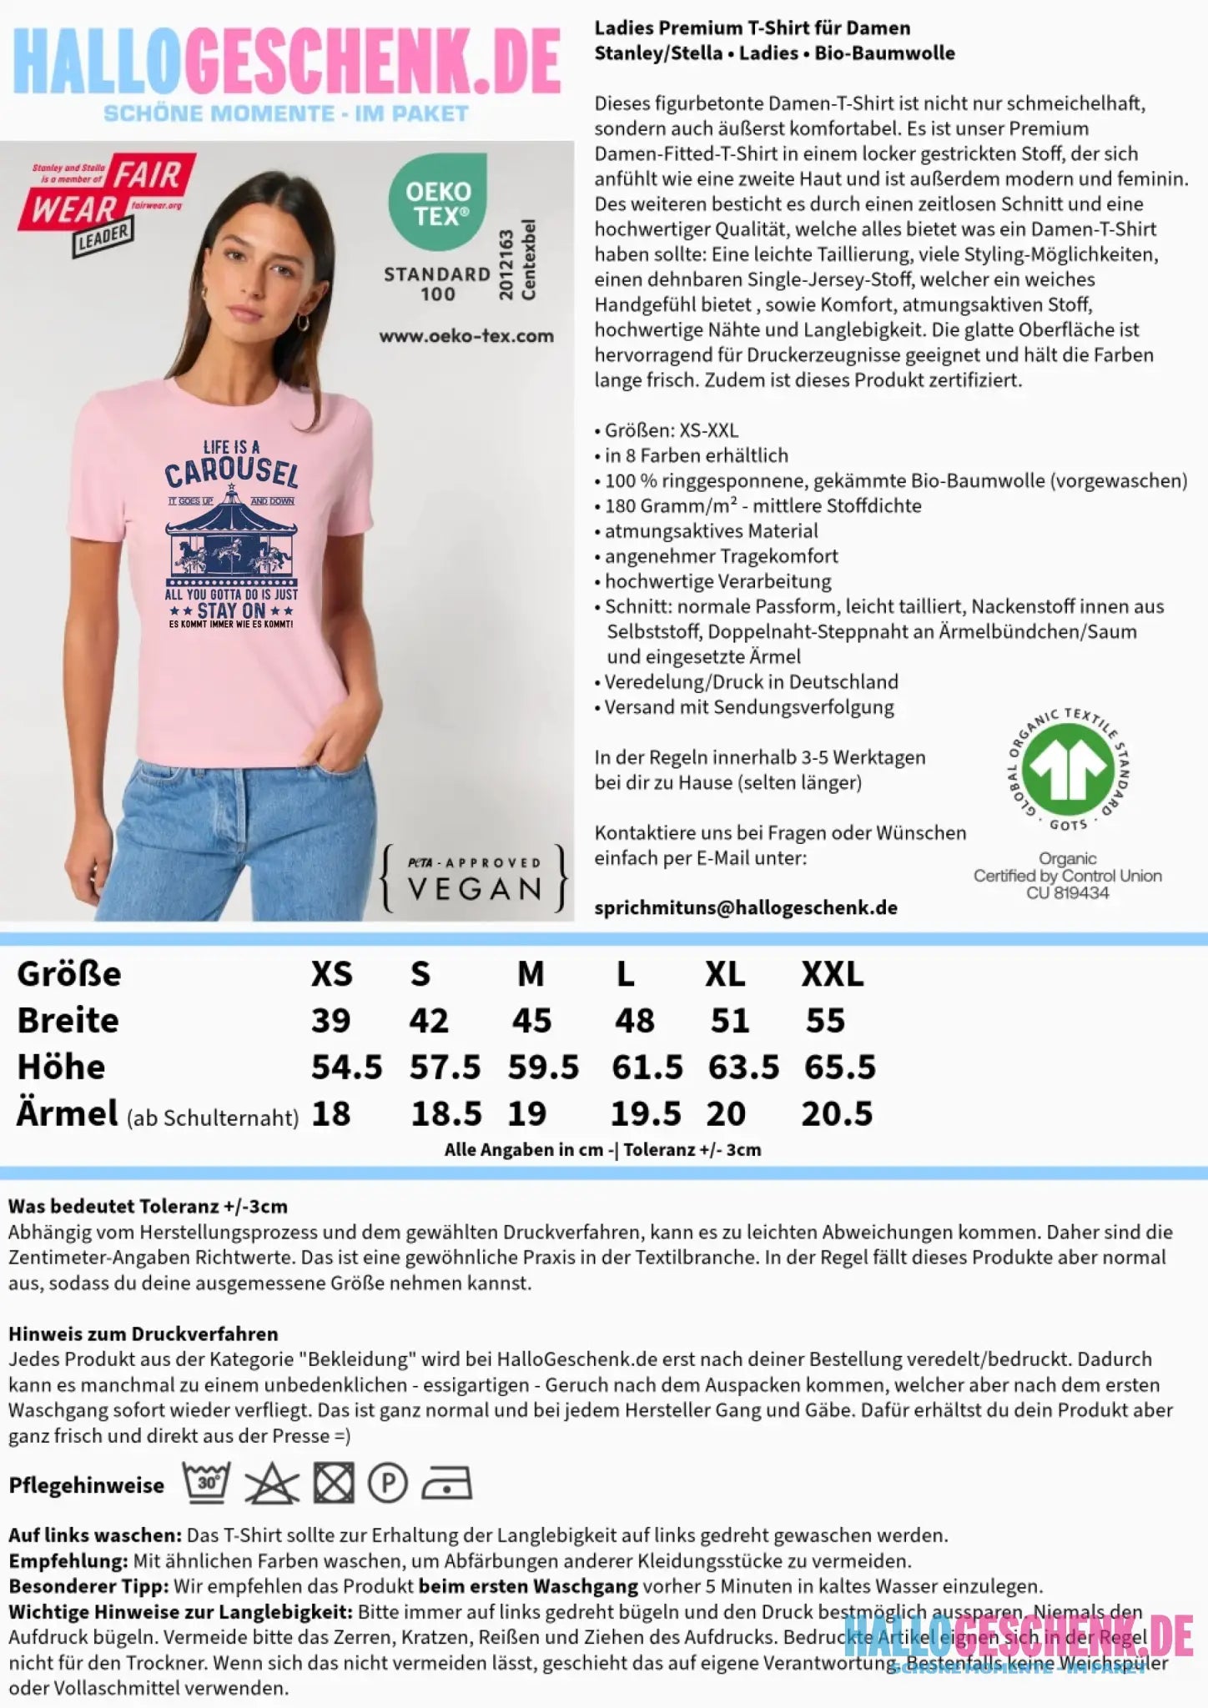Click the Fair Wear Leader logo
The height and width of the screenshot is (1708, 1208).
click(x=107, y=203)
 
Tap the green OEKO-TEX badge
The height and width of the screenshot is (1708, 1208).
click(x=438, y=202)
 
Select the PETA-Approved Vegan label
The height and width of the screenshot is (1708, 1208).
click(x=474, y=879)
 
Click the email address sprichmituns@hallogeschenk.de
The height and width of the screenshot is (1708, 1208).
click(x=746, y=907)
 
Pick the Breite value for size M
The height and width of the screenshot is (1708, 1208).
click(x=531, y=1021)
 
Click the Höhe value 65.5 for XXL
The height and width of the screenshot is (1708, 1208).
click(x=839, y=1067)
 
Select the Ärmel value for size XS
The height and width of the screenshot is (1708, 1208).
click(x=331, y=1114)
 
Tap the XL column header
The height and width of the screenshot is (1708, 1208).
click(x=725, y=974)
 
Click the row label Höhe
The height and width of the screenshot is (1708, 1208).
click(x=62, y=1067)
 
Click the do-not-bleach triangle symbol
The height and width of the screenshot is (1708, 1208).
click(x=271, y=1484)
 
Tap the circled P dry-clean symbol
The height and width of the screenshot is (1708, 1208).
click(x=387, y=1484)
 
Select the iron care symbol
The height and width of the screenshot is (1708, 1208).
click(x=446, y=1484)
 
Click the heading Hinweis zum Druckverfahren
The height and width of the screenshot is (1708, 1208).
click(x=143, y=1334)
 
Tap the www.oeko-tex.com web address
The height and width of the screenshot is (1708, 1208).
click(x=466, y=336)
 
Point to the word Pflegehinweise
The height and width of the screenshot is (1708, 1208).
click(x=87, y=1485)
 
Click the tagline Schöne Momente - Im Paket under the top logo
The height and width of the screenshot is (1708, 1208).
click(x=286, y=114)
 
